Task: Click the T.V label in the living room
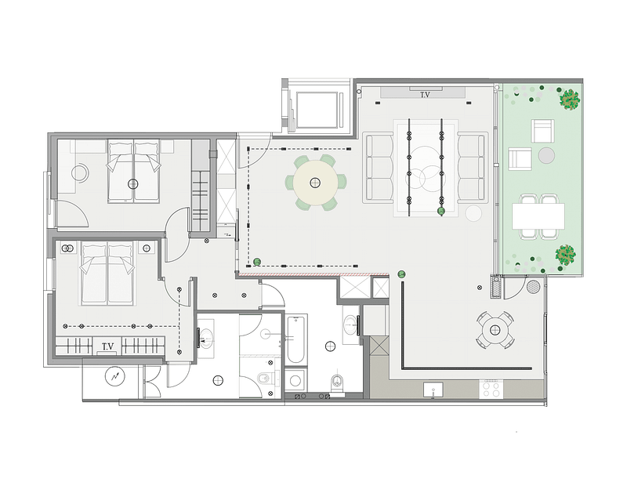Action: click(x=425, y=95)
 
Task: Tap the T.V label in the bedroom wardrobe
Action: click(x=107, y=346)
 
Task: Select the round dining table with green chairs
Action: click(x=316, y=183)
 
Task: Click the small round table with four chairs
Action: click(x=495, y=330)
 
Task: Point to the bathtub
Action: click(x=296, y=339)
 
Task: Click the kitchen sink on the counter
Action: click(x=433, y=390)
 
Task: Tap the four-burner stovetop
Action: click(x=491, y=389)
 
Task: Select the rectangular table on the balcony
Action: click(x=538, y=216)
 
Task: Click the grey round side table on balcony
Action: click(x=546, y=155)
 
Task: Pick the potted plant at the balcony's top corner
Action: click(x=570, y=99)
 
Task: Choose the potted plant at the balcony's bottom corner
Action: click(x=565, y=254)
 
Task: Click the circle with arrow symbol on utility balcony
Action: click(x=114, y=376)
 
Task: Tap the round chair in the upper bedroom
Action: click(x=81, y=173)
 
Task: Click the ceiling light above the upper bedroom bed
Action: click(x=132, y=184)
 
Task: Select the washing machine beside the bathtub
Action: click(x=296, y=380)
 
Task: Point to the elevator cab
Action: click(x=317, y=110)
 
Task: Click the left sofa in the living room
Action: click(x=378, y=168)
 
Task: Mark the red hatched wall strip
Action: click(x=313, y=274)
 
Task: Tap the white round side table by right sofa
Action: click(x=474, y=213)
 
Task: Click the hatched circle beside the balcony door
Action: click(x=533, y=286)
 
